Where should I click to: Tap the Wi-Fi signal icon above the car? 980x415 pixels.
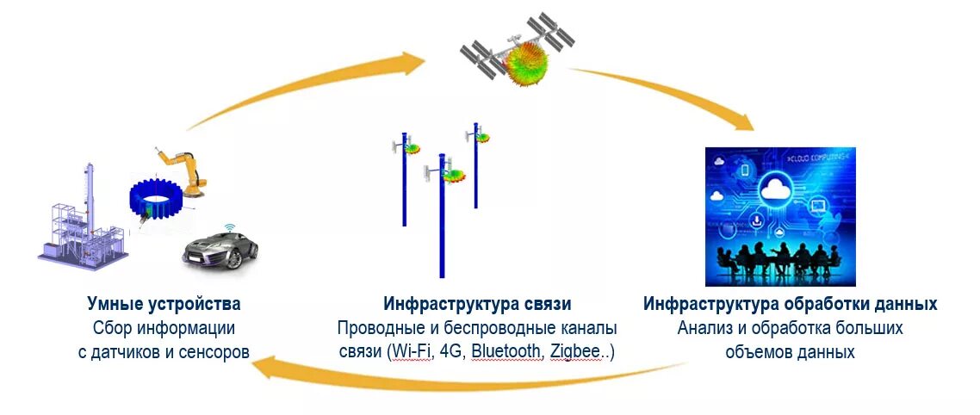230,228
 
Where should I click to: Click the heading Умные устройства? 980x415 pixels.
164,304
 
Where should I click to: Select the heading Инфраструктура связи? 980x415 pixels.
477,304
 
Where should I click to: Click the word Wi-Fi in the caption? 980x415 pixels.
411,351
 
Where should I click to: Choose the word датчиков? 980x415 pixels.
139,351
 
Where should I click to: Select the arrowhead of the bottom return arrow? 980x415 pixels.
264,369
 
